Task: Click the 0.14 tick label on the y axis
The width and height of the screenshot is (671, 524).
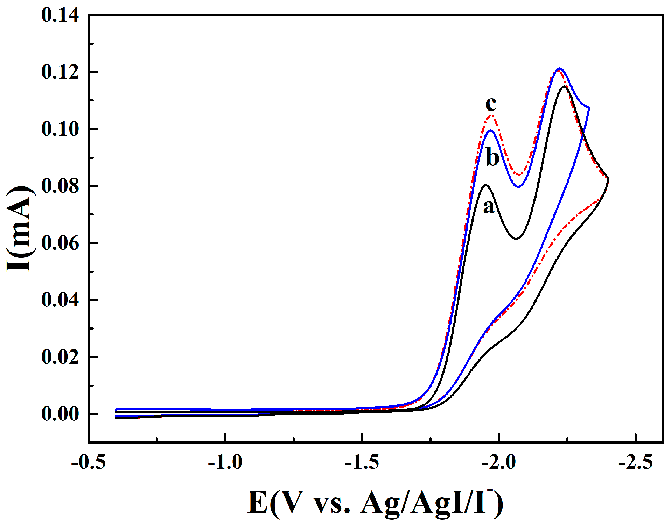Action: pyautogui.click(x=60, y=16)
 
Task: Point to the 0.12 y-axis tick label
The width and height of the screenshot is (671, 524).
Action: pyautogui.click(x=60, y=72)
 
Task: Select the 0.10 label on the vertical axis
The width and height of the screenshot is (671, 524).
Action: pyautogui.click(x=60, y=129)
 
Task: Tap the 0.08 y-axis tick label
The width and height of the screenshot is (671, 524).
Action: pyautogui.click(x=60, y=186)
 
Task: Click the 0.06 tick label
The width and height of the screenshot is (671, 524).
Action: pyautogui.click(x=60, y=243)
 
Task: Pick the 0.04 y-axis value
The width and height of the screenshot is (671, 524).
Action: pyautogui.click(x=60, y=300)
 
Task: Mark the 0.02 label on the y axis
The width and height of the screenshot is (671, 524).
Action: pyautogui.click(x=60, y=357)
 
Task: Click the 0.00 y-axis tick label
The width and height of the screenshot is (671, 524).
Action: pyautogui.click(x=60, y=415)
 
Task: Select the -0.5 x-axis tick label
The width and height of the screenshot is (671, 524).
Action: pyautogui.click(x=88, y=463)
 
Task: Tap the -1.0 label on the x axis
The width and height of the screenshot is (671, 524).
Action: pyautogui.click(x=225, y=463)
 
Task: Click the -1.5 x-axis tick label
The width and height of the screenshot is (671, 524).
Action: pyautogui.click(x=362, y=463)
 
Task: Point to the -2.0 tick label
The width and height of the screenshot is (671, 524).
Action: pyautogui.click(x=499, y=463)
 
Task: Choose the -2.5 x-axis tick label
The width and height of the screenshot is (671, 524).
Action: pyautogui.click(x=636, y=463)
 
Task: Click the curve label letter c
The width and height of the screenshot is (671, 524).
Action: pyautogui.click(x=491, y=104)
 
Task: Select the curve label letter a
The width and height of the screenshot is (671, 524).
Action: pyautogui.click(x=489, y=207)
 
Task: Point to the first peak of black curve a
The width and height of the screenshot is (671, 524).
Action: pyautogui.click(x=486, y=185)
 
